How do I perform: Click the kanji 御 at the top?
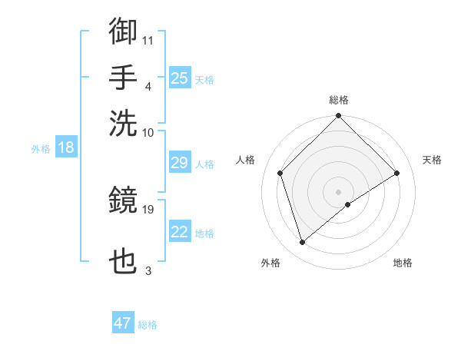124,31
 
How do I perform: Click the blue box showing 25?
180,78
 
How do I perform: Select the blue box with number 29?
180,163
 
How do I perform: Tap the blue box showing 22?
180,232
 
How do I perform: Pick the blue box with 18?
66,148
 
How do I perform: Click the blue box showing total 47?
123,323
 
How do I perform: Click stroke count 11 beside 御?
148,38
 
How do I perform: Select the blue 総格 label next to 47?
148,325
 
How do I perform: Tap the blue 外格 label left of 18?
41,149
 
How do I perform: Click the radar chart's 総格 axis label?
339,100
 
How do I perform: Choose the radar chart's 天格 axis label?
432,160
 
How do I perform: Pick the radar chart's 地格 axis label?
403,263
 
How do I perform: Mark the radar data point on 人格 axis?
280,173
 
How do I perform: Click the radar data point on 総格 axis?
339,117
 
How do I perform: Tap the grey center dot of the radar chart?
339,191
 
